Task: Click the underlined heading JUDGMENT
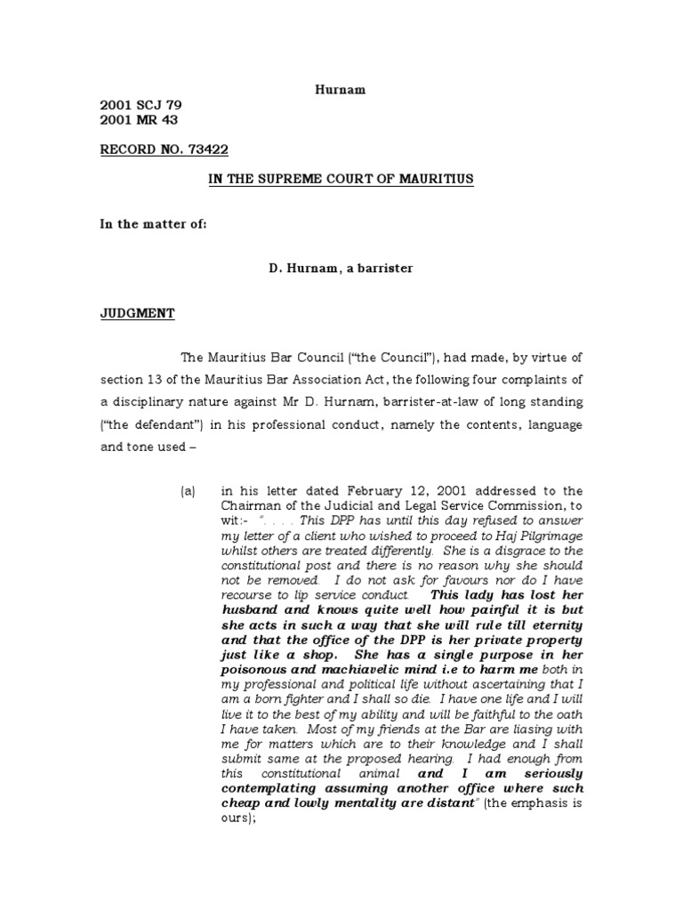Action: (x=137, y=313)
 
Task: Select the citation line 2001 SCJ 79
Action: (x=140, y=104)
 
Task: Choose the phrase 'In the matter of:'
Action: (x=153, y=224)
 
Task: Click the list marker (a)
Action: (x=188, y=490)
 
